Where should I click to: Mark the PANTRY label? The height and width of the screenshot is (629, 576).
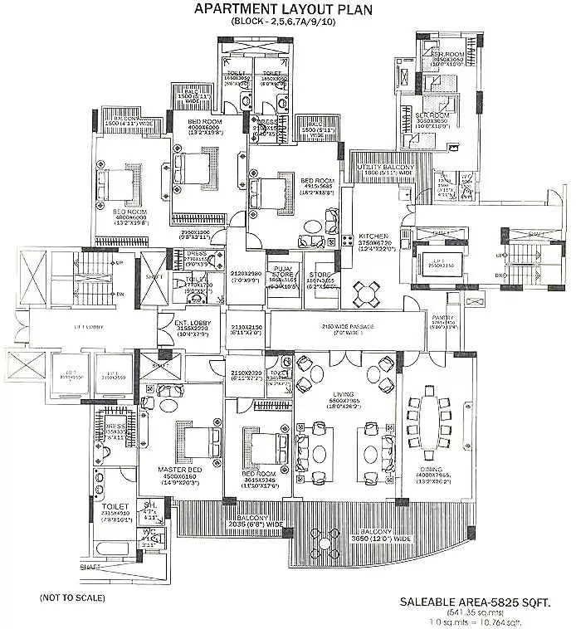point(441,318)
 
